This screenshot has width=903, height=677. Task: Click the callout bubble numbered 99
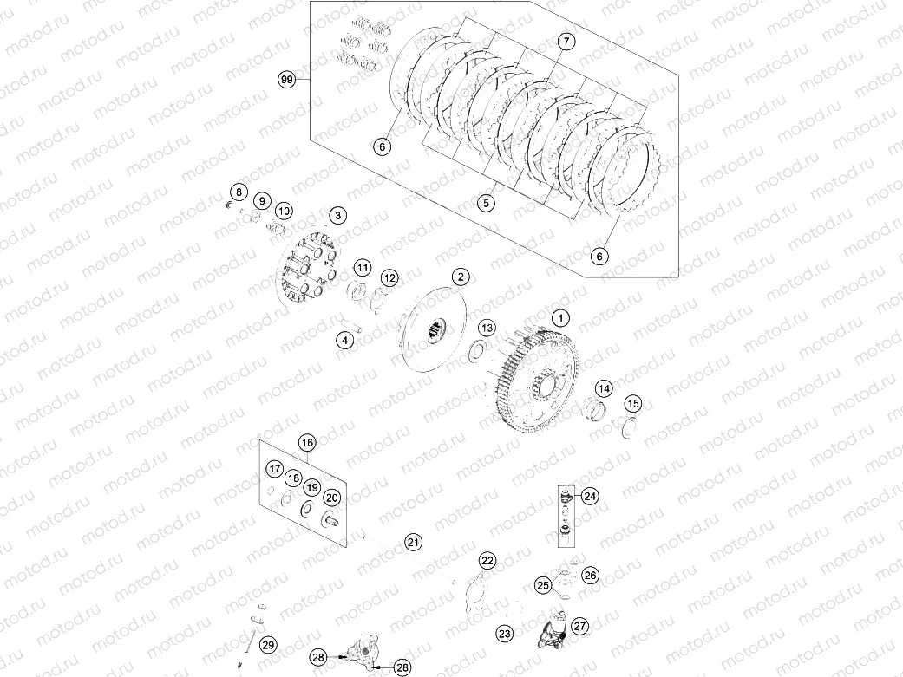pos(287,80)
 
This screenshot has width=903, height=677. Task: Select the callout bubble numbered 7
pos(565,42)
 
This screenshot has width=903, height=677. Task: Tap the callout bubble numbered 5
pos(487,203)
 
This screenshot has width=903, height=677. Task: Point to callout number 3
pos(337,215)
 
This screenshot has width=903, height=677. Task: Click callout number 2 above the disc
pos(461,277)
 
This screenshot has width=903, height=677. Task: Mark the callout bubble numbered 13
pos(487,328)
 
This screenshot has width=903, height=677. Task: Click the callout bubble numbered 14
pos(603,388)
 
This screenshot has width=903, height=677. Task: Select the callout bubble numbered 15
pos(634,403)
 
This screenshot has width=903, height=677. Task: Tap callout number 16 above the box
pos(306,443)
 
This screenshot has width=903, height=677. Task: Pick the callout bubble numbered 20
pos(331,498)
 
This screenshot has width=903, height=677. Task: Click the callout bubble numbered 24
pos(590,497)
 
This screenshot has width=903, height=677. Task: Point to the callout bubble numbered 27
pos(580,625)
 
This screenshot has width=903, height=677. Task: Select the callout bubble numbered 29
pos(268,645)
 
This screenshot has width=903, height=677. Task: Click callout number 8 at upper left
pos(236,192)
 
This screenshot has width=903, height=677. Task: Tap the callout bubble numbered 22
pos(487,561)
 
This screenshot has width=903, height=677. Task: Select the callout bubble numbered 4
pos(345,341)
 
